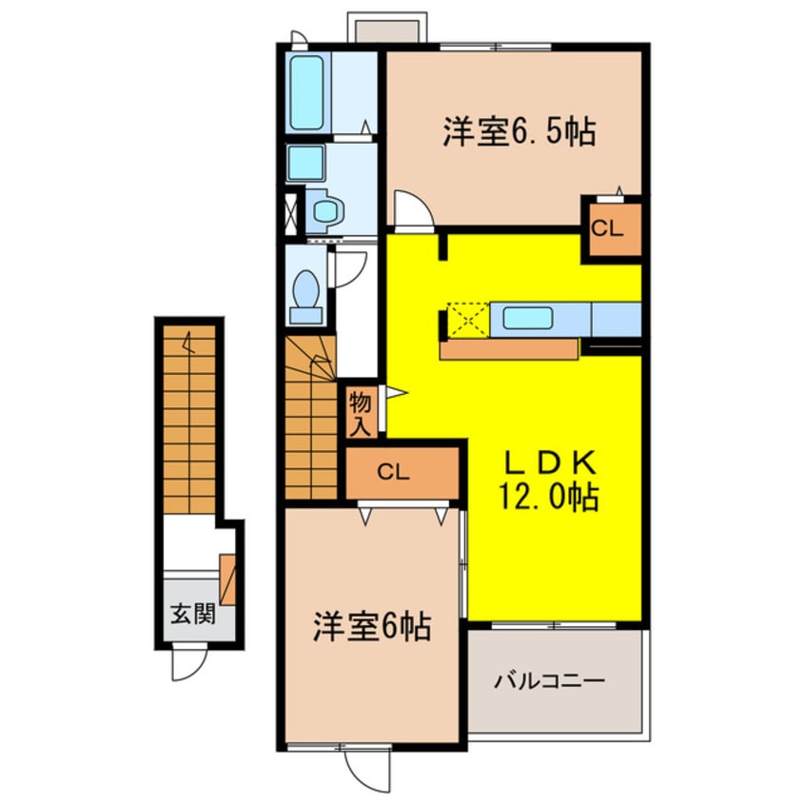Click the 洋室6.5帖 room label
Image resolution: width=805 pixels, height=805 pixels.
(x=519, y=133)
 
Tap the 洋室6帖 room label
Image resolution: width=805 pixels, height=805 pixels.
(x=372, y=626)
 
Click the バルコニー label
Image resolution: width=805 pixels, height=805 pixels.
(x=549, y=681)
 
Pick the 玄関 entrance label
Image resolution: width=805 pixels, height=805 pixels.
(x=192, y=613)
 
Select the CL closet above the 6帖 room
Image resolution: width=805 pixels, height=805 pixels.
(x=400, y=472)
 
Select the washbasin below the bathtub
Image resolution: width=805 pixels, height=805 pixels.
(x=306, y=164)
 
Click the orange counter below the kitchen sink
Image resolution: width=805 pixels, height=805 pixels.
(x=509, y=348)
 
